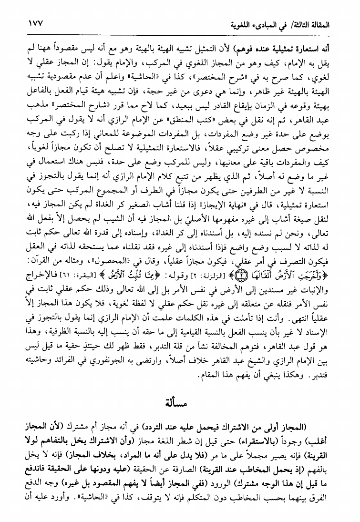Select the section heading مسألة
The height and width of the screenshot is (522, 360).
180,409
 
